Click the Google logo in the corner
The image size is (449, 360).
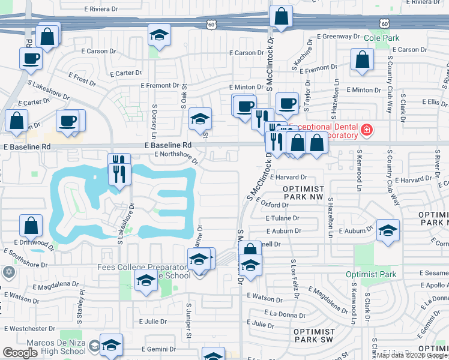20,353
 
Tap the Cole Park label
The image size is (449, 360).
382,37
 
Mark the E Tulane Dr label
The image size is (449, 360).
285,218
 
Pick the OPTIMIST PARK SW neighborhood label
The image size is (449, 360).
314,336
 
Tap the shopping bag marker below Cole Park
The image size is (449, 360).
363,59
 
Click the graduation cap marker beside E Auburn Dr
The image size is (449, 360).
388,230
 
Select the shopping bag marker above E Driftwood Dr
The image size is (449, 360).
31,226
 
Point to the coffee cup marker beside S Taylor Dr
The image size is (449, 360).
287,103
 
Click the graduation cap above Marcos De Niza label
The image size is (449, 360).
111,344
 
